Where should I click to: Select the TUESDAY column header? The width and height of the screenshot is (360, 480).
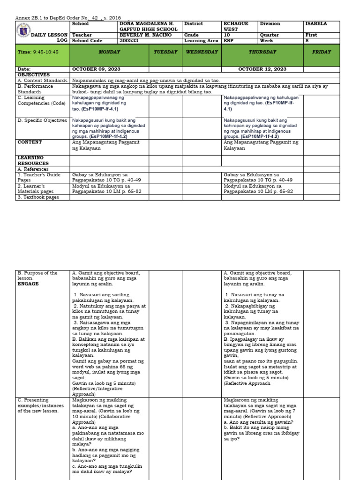165,52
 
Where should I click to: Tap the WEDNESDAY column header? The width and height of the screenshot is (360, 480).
202,52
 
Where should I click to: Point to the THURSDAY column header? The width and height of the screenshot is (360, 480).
262,52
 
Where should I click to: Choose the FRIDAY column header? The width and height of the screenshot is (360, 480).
322,52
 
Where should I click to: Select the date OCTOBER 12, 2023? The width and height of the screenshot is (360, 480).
262,69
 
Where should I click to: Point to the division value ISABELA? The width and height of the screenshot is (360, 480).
316,24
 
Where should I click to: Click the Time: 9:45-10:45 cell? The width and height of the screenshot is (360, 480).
38,52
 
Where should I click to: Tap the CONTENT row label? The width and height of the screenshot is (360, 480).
30,142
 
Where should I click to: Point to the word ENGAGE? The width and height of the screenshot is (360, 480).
28,284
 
